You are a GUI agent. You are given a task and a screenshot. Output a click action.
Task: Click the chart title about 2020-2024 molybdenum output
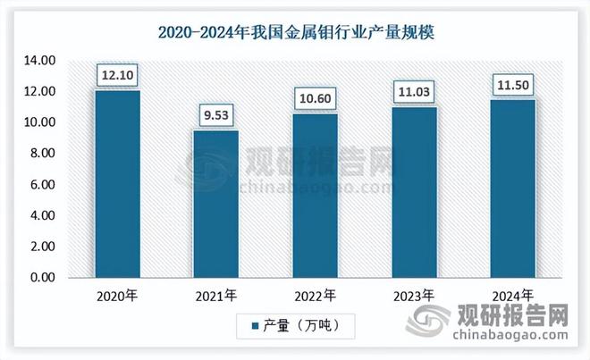click(295, 33)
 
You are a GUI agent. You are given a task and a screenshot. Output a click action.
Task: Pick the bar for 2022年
click(315, 195)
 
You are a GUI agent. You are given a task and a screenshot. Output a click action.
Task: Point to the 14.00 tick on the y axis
click(38, 61)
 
